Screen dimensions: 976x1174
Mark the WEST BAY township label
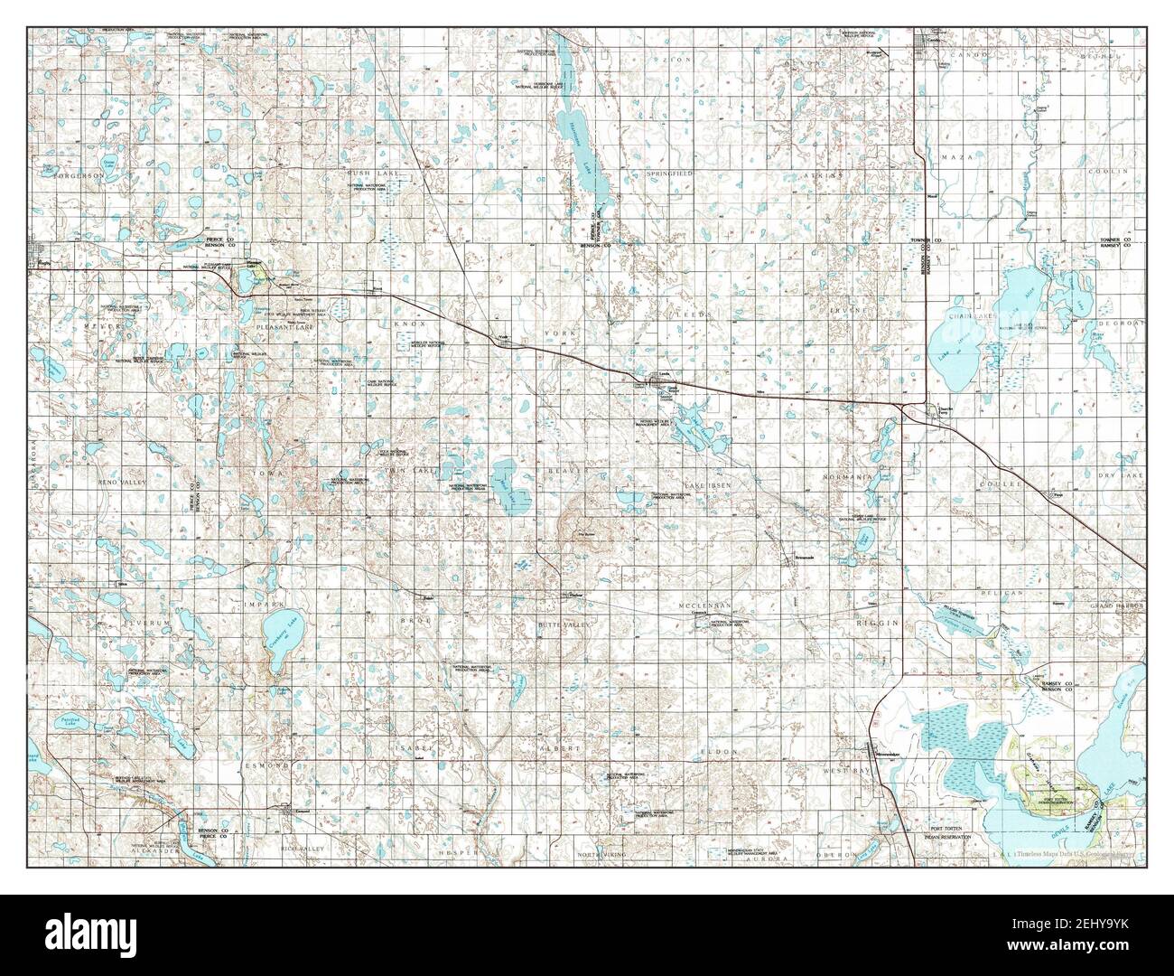(x=843, y=770)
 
